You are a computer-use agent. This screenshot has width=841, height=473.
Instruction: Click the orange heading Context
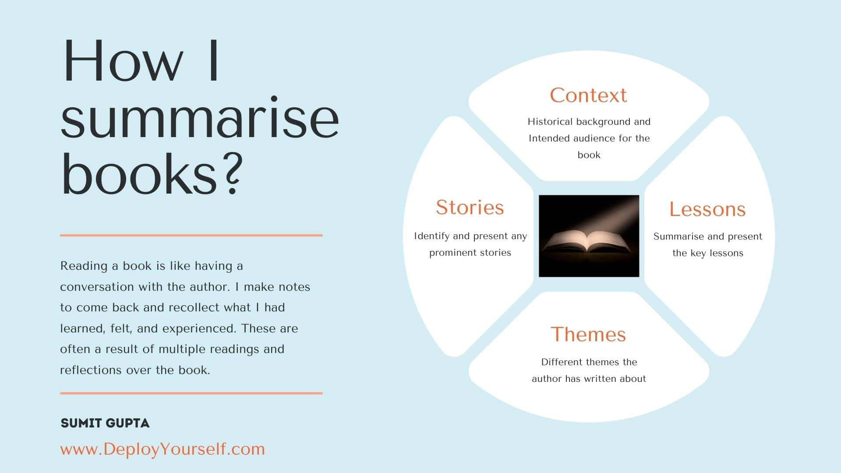tap(588, 95)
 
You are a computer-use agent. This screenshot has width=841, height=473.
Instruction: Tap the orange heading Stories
tap(470, 207)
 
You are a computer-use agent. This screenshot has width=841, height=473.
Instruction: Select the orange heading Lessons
tap(707, 209)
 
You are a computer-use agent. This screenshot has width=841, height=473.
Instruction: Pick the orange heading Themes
tap(588, 334)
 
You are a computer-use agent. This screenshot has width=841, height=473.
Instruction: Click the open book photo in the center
tap(589, 236)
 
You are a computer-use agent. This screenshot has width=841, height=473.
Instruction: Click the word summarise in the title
tap(200, 118)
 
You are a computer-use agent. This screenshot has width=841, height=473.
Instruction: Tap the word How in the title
tap(123, 61)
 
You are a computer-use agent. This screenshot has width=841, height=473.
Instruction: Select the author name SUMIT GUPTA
tap(105, 423)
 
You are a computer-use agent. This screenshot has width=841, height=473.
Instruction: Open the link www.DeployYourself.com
tap(163, 449)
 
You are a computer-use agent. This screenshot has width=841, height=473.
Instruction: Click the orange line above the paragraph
tap(191, 235)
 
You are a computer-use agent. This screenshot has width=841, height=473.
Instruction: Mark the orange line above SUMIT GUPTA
tap(191, 393)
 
